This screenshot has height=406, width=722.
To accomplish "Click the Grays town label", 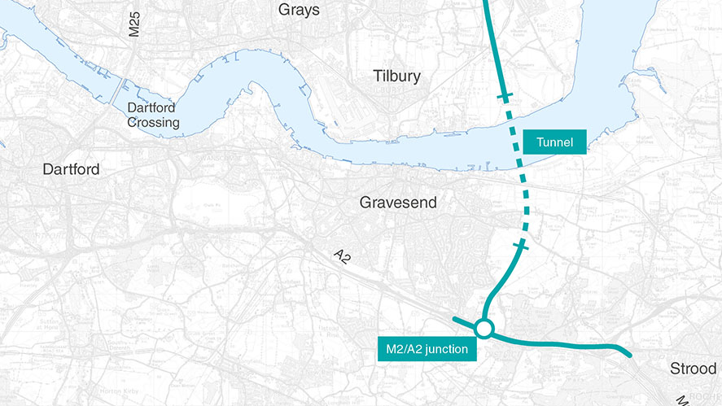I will [x=299, y=11].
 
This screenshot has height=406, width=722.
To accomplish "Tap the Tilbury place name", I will [x=396, y=76].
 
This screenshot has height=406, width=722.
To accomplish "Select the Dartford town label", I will [x=72, y=169].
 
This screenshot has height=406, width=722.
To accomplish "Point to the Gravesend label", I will [x=398, y=203].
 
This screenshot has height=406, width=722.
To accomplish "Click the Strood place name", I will [x=693, y=369].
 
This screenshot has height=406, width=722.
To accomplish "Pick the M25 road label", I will [x=134, y=24].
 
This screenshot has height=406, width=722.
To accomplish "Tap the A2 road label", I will [x=343, y=257].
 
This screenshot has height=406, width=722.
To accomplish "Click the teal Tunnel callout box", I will [x=554, y=142].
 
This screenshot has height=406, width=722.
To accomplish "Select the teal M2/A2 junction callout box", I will [x=426, y=349].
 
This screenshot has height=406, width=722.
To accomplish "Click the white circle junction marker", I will [x=484, y=329].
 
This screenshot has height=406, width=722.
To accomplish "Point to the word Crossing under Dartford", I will [x=153, y=123].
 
